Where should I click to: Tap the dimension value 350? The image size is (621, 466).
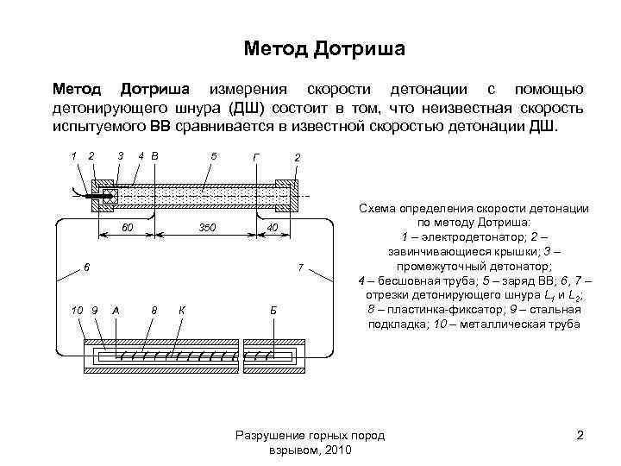click(x=206, y=227)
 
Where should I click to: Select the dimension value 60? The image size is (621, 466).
click(x=126, y=227)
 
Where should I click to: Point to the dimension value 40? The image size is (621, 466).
click(x=272, y=227)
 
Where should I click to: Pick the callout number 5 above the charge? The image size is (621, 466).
click(x=213, y=156)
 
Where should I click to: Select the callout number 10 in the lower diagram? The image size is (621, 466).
click(x=78, y=310)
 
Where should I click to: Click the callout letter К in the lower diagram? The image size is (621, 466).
click(x=181, y=310)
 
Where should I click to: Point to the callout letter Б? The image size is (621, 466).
click(x=273, y=310)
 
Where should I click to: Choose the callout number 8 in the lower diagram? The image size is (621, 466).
click(x=154, y=310)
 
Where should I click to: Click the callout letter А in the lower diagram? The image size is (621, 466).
click(x=116, y=310)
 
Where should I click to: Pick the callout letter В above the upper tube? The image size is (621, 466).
click(x=154, y=156)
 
